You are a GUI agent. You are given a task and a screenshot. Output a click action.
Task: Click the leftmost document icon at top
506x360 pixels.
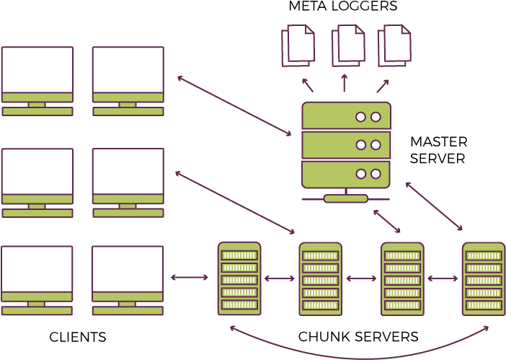coord(298,45)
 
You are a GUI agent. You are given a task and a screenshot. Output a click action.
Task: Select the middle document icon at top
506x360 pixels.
coord(348,45)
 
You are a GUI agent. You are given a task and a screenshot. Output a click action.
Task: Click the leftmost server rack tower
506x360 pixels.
coord(239,278)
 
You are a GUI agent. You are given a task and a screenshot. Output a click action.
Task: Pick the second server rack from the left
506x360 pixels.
coord(320,279)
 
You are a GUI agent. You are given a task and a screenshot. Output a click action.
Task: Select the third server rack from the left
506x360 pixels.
coord(402,279)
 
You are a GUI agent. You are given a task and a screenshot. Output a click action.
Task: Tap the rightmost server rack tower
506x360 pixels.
coord(483,279)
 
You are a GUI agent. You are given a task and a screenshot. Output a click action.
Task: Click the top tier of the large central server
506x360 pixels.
coord(346,116)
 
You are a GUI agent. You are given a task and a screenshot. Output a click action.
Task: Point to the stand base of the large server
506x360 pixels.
coord(346,198)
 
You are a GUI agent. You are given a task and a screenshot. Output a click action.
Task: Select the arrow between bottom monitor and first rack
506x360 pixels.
coord(190,277)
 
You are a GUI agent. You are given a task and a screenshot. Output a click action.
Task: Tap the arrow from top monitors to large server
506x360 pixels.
coord(234,105)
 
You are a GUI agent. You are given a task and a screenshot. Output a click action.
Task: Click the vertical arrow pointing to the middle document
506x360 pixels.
coord(345,82)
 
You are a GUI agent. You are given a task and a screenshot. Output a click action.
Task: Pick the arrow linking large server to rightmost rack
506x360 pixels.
coord(434,206)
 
